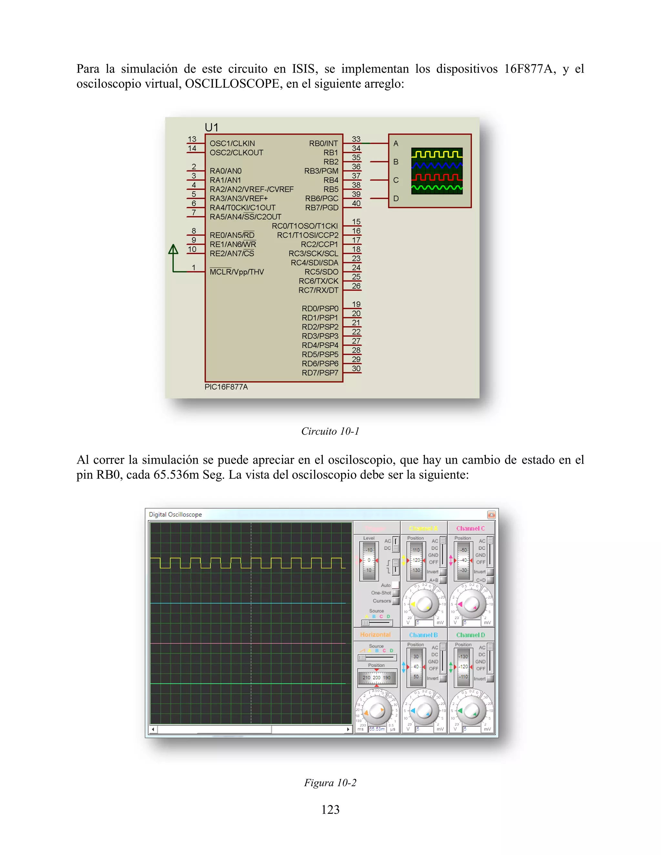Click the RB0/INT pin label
pyautogui.click(x=323, y=144)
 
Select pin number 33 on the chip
pyautogui.click(x=356, y=139)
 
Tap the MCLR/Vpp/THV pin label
pyautogui.click(x=237, y=272)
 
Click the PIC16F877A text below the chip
pyautogui.click(x=226, y=387)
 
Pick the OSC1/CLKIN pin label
pyautogui.click(x=232, y=144)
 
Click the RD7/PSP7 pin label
pyautogui.click(x=320, y=373)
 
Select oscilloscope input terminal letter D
pyautogui.click(x=396, y=198)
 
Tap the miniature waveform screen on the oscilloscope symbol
pyautogui.click(x=437, y=171)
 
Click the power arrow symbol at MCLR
pyautogui.click(x=173, y=250)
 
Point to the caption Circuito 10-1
pyautogui.click(x=330, y=431)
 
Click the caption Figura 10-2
pyautogui.click(x=330, y=783)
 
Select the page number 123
pyautogui.click(x=330, y=809)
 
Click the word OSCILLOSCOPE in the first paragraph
pyautogui.click(x=232, y=84)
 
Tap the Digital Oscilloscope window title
pyautogui.click(x=176, y=514)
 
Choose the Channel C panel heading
pyautogui.click(x=470, y=528)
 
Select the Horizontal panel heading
pyautogui.click(x=375, y=635)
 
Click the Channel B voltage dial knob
pyautogui.click(x=423, y=710)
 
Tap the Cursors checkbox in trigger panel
pyautogui.click(x=395, y=601)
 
